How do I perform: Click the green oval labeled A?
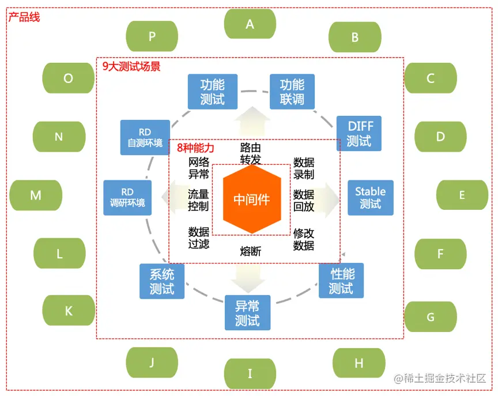(250, 24)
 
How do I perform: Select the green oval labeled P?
(152, 36)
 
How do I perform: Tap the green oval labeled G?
(430, 316)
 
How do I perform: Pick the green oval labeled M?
(36, 195)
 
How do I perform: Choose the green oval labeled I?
(250, 374)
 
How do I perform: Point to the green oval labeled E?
(462, 195)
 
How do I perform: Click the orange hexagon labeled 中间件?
(251, 199)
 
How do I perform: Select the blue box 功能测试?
(213, 92)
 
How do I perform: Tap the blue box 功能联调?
(292, 92)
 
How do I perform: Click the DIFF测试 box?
(359, 133)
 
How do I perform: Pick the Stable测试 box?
(370, 197)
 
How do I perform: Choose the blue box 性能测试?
(341, 280)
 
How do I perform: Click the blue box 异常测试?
(247, 313)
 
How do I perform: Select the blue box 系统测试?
(162, 281)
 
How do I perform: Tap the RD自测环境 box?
(145, 137)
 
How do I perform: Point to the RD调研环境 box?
(127, 197)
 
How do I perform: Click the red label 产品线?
(24, 17)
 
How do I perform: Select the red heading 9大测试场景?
(131, 66)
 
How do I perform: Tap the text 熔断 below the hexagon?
(251, 251)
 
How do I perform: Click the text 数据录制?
(304, 168)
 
